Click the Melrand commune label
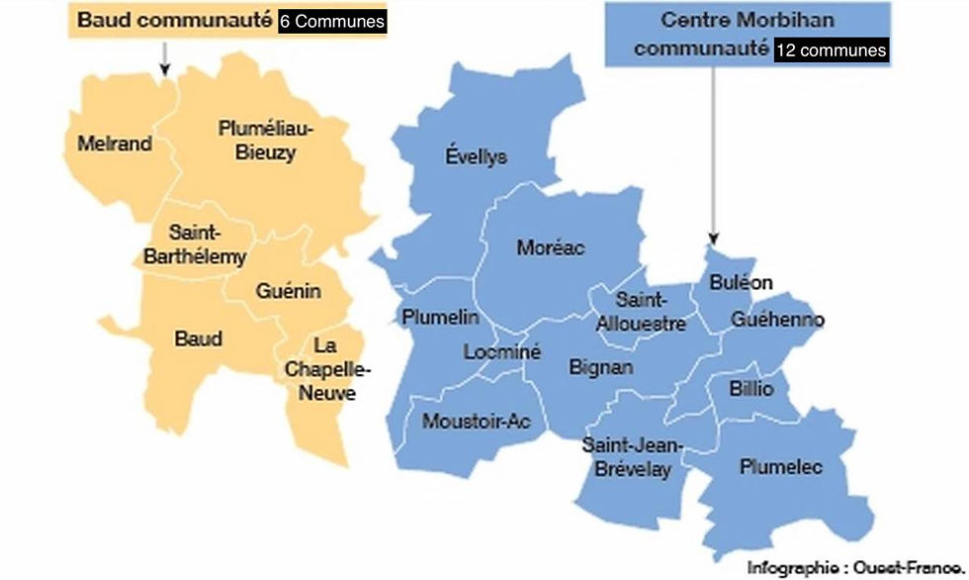(x=115, y=144)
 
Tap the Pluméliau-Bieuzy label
(x=265, y=141)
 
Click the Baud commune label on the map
(x=198, y=338)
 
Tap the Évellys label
(x=476, y=156)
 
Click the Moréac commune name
(x=551, y=247)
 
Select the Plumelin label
(x=440, y=317)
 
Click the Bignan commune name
(x=601, y=366)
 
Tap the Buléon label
(x=742, y=282)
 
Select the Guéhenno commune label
(x=777, y=320)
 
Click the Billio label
(x=751, y=388)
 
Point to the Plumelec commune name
(x=781, y=467)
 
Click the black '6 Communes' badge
(x=332, y=22)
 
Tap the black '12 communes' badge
(x=832, y=50)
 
